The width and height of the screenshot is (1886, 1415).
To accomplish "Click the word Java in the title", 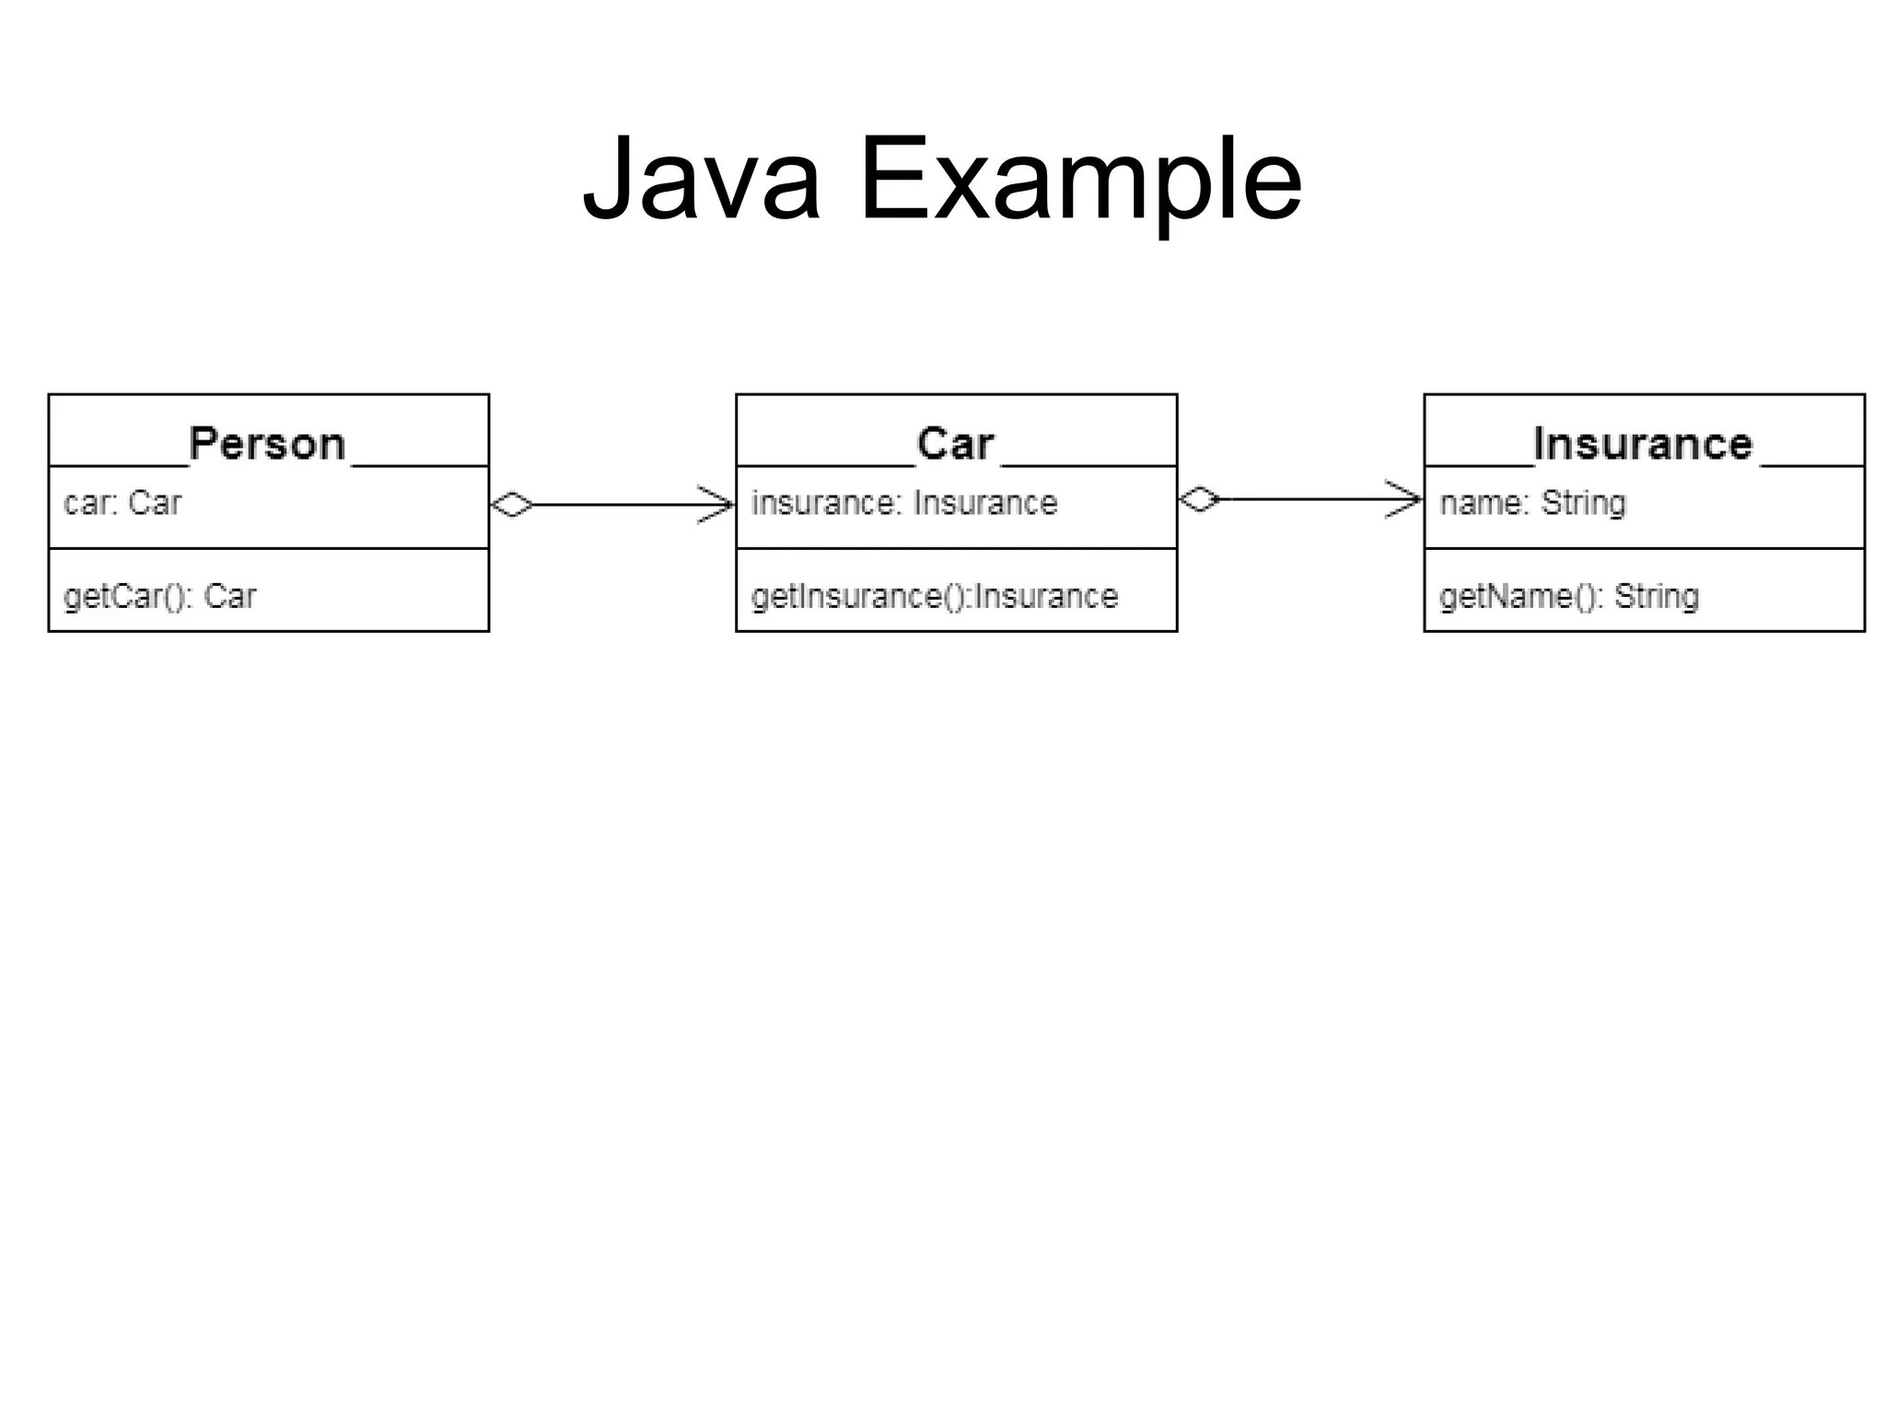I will (702, 180).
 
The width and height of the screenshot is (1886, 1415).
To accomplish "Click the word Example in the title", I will (1079, 180).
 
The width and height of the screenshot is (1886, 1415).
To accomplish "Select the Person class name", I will (267, 444).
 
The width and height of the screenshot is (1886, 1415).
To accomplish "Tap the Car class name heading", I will (955, 444).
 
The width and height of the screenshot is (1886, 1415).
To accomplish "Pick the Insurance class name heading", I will (1642, 444).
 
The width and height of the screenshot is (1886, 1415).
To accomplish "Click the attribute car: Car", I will (122, 503).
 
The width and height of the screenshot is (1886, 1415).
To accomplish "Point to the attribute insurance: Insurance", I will (903, 503).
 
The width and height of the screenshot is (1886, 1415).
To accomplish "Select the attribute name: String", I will (1532, 503).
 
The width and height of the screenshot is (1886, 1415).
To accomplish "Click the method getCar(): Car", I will (159, 597).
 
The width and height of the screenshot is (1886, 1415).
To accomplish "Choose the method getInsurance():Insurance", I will (934, 597).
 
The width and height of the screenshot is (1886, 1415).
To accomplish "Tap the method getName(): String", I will (1568, 597).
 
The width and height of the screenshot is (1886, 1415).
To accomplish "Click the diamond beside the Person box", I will (512, 505).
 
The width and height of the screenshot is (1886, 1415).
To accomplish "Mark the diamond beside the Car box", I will (1199, 499).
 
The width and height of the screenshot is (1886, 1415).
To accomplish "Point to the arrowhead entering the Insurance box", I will (1405, 499).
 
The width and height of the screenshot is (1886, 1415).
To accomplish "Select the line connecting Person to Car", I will (612, 505).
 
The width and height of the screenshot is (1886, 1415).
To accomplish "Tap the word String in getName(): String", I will (1656, 597).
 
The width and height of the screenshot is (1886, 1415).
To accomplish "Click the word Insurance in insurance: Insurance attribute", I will (984, 503).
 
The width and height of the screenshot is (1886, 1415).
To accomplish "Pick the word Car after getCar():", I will (229, 597).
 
